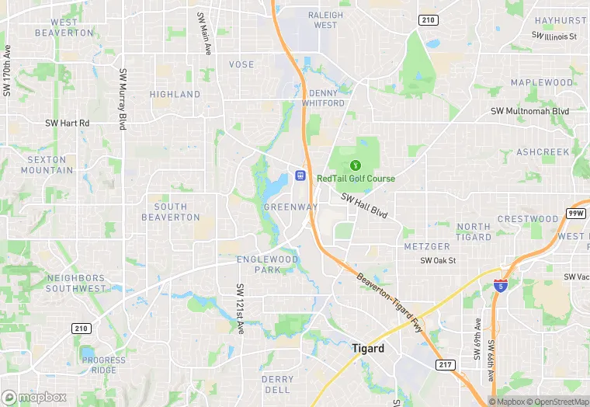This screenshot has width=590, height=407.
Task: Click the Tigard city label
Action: click(368, 349)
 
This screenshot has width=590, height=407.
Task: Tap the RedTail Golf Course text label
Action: click(356, 179)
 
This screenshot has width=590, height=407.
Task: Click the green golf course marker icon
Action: click(356, 165)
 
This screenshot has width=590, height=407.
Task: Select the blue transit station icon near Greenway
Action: click(300, 176)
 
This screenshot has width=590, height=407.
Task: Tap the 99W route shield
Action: click(575, 213)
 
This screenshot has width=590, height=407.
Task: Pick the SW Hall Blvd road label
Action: click(364, 204)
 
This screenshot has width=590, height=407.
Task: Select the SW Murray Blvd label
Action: click(123, 99)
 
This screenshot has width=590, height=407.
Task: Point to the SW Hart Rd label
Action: click(68, 123)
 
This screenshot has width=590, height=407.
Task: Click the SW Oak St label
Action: click(438, 261)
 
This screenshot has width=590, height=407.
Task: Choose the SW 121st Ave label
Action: click(241, 308)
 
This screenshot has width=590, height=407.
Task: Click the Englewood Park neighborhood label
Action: click(268, 264)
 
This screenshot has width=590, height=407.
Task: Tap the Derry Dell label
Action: click(277, 384)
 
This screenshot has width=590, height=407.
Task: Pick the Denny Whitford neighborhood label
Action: click(322, 98)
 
